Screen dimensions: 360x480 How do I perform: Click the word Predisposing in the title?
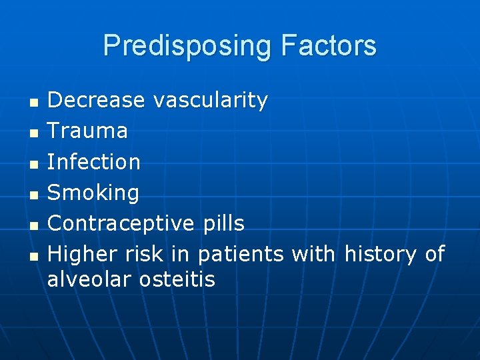(187, 46)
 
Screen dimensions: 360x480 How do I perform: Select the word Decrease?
(96, 100)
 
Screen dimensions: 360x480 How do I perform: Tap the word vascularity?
(211, 100)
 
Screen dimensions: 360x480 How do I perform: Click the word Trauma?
(87, 131)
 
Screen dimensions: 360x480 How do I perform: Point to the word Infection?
(94, 161)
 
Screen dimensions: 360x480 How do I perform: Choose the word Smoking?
(93, 193)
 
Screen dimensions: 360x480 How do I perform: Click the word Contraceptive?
(121, 223)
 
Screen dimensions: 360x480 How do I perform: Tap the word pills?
(222, 223)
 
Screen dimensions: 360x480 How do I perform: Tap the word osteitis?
(177, 279)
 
